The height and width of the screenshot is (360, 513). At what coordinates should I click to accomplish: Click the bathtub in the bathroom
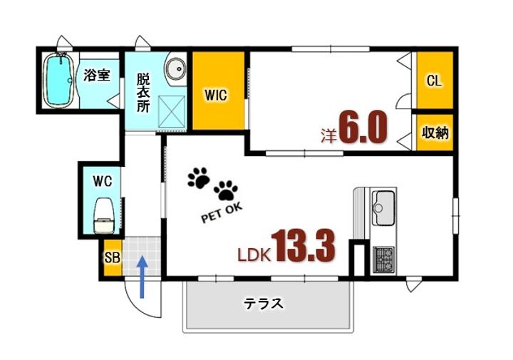[x=60, y=81]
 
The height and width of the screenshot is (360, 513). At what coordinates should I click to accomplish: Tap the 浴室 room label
[x=96, y=76]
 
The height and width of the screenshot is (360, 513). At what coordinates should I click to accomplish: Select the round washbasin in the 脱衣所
[x=176, y=69]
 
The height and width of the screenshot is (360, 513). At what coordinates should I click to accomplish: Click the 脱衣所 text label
[x=143, y=93]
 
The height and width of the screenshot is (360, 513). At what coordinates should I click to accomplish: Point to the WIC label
[x=216, y=95]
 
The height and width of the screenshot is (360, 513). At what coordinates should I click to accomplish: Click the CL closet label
[x=434, y=80]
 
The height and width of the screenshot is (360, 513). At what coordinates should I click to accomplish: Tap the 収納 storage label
[x=435, y=133]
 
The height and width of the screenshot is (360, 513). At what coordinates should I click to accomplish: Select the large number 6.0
[x=363, y=128]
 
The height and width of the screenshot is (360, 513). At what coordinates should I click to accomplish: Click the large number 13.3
[x=303, y=245]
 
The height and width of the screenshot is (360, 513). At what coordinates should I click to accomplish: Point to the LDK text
[x=254, y=255]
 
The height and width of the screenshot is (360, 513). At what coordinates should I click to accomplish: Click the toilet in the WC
[x=104, y=216]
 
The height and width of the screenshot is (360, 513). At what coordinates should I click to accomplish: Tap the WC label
[x=102, y=181]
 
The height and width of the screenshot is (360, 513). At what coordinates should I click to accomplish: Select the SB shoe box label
[x=113, y=258]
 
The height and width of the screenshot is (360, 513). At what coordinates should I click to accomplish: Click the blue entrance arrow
[x=142, y=277]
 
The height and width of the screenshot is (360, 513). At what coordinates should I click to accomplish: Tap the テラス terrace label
[x=264, y=304]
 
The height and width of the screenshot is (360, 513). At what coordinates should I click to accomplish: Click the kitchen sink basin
[x=383, y=208]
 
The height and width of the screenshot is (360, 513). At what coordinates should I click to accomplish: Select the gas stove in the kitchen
[x=384, y=259]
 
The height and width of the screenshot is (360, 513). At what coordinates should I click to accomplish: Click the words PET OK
[x=222, y=212]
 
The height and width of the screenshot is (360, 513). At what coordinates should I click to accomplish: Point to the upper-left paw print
[x=199, y=178]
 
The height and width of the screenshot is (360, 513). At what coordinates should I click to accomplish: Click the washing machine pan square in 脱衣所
[x=172, y=111]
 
